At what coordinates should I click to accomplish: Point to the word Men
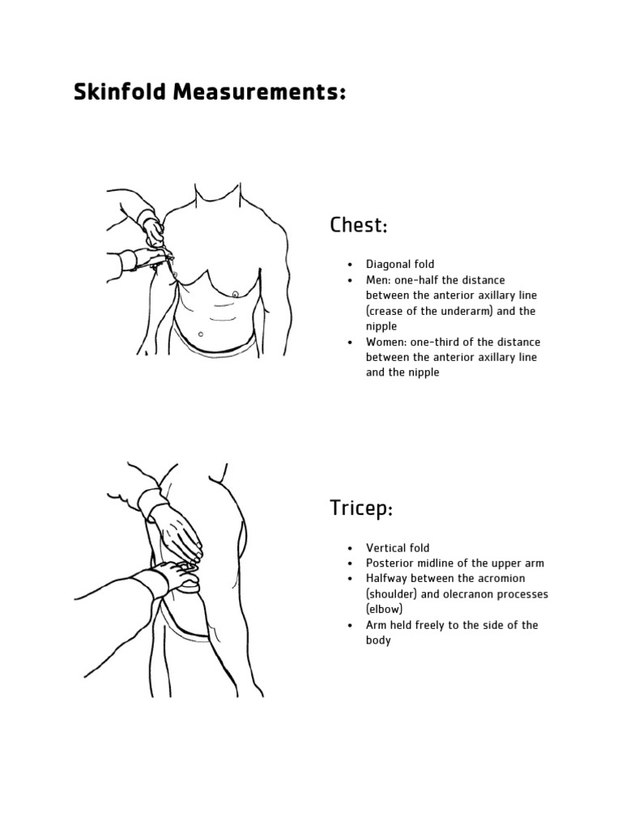[377, 280]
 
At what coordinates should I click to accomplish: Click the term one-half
[420, 280]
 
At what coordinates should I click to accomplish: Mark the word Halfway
[387, 579]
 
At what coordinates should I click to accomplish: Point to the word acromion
[500, 579]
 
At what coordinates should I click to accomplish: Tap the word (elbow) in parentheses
[384, 610]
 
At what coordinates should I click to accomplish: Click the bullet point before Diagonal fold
[349, 265]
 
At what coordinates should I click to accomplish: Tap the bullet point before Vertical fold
[349, 548]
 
